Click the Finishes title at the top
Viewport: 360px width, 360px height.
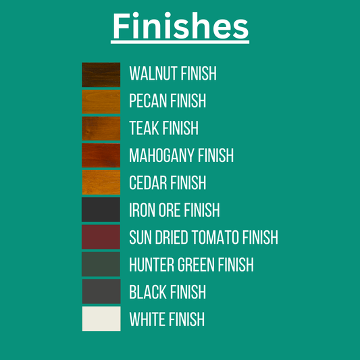pos(180,26)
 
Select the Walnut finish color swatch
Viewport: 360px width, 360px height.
pos(101,75)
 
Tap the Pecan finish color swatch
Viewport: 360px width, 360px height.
pos(101,102)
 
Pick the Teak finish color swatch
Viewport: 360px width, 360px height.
pos(101,128)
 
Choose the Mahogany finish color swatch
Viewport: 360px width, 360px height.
pos(101,155)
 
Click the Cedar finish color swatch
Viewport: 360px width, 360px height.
pos(101,182)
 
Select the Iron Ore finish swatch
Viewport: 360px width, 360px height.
pos(101,209)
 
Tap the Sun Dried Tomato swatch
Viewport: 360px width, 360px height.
pos(101,237)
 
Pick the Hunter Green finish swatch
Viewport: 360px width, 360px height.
pos(101,264)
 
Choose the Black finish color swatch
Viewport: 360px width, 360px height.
pos(101,291)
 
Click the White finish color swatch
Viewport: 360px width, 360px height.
pos(101,319)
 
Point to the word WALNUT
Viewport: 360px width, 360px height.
pos(153,74)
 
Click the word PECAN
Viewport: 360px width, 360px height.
pos(148,101)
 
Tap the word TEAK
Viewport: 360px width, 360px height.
pos(145,128)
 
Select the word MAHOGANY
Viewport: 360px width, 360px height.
pos(162,155)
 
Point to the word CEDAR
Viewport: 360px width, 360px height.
pos(148,182)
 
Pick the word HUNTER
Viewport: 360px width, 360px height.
pos(151,265)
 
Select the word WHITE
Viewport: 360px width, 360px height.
pos(147,319)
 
